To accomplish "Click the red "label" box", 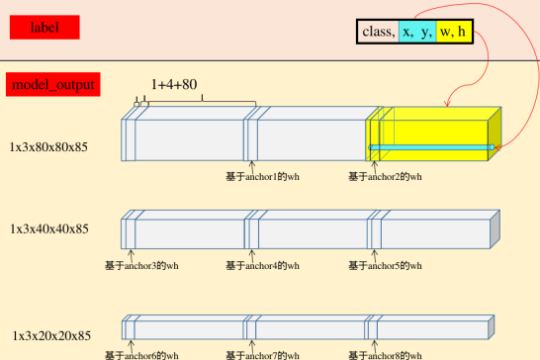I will click(x=44, y=28).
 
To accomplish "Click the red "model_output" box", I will click(x=54, y=85).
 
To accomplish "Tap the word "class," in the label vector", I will click(x=379, y=33).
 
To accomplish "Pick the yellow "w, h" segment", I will click(x=454, y=33).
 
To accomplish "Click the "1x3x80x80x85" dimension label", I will click(x=49, y=147).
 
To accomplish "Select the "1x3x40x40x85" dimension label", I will click(x=49, y=228).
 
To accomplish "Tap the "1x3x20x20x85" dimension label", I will click(x=50, y=336).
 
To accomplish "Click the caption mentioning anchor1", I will click(x=262, y=177).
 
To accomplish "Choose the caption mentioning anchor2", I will click(x=385, y=177).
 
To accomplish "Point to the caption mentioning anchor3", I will click(x=141, y=265).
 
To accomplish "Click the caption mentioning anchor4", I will click(x=262, y=265).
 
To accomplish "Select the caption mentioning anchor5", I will click(x=385, y=265).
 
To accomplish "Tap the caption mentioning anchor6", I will click(x=141, y=354).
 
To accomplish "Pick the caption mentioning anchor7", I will click(x=262, y=354).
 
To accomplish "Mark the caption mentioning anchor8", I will click(x=385, y=354).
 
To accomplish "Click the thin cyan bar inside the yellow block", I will click(x=431, y=147).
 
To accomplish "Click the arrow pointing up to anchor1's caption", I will click(x=252, y=165).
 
